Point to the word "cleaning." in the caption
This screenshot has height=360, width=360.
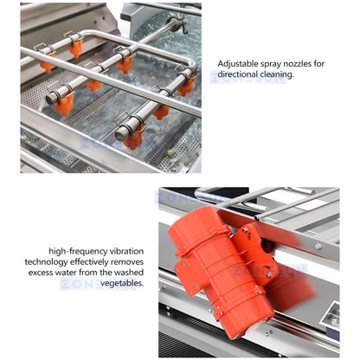click(x=277, y=74)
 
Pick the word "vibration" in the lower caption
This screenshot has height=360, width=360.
click(x=126, y=251)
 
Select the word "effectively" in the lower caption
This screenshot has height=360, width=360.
click(x=89, y=262)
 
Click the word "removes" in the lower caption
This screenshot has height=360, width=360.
click(x=127, y=262)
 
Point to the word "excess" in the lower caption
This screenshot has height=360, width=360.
click(x=40, y=273)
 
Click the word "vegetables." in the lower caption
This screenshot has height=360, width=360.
click(x=122, y=283)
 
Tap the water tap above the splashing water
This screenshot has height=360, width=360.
click(x=177, y=22)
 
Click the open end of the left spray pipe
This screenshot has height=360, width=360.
click(x=50, y=99)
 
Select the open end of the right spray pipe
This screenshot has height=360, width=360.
click(x=119, y=135)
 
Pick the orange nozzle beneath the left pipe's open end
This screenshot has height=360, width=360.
click(x=64, y=105)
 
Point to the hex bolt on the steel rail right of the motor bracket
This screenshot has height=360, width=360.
click(x=318, y=247)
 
